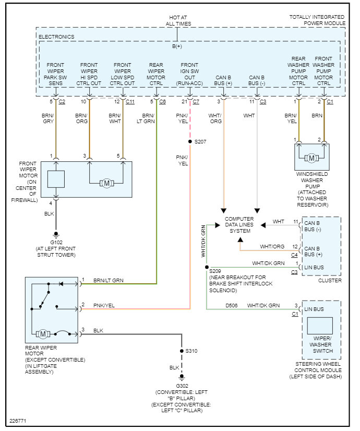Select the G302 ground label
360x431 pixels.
tap(182, 386)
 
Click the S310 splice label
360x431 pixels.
tap(192, 351)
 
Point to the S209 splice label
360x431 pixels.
tap(215, 271)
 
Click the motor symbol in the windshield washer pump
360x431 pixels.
tap(311, 158)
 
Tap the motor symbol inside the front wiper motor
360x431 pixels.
tap(106, 183)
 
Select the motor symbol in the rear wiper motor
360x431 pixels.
tap(43, 333)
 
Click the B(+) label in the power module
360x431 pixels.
tap(177, 47)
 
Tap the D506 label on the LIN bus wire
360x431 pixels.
tap(232, 305)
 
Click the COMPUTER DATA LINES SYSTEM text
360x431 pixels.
tap(239, 224)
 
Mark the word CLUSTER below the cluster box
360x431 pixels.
tap(330, 280)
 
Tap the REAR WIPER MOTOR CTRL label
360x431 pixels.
tap(156, 74)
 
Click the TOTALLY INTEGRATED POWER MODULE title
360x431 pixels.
tap(317, 20)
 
